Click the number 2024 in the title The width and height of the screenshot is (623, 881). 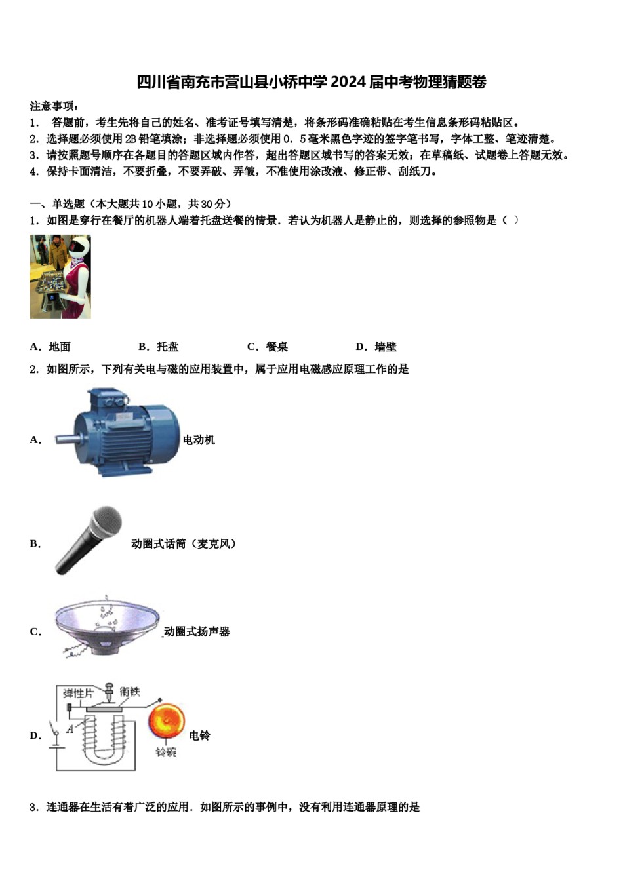(348, 83)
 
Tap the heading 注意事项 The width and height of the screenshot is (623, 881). (54, 106)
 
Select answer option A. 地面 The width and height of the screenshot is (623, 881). (50, 347)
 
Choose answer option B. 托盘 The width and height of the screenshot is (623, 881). (159, 347)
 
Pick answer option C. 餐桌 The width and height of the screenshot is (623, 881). (268, 347)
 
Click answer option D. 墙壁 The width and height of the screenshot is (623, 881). (376, 347)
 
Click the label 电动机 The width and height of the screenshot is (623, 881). (199, 440)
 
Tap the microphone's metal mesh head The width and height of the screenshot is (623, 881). (106, 522)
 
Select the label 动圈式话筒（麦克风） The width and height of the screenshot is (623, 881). (184, 543)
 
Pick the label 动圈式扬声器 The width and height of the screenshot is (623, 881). (197, 631)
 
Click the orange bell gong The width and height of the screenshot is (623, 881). (167, 722)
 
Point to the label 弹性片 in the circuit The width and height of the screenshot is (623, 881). (78, 694)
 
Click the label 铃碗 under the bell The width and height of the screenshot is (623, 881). (166, 752)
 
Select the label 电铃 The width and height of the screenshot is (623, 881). (199, 735)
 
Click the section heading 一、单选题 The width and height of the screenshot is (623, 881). (58, 204)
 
